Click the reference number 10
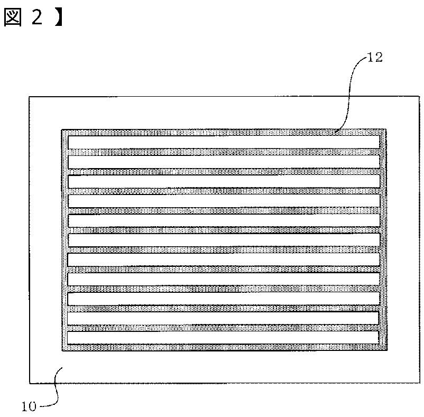click(x=29, y=406)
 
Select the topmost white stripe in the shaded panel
click(x=224, y=142)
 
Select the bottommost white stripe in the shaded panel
click(x=224, y=337)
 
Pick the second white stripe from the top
click(x=224, y=162)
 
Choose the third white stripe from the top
click(x=224, y=181)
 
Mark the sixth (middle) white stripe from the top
click(x=224, y=239)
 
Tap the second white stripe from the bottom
click(x=224, y=318)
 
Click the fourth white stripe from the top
click(x=224, y=201)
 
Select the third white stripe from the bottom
click(x=224, y=298)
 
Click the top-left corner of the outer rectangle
click(x=29, y=96)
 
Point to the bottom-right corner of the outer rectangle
click(x=412, y=383)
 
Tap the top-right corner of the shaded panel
click(x=387, y=129)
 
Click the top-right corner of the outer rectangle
click(x=412, y=96)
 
